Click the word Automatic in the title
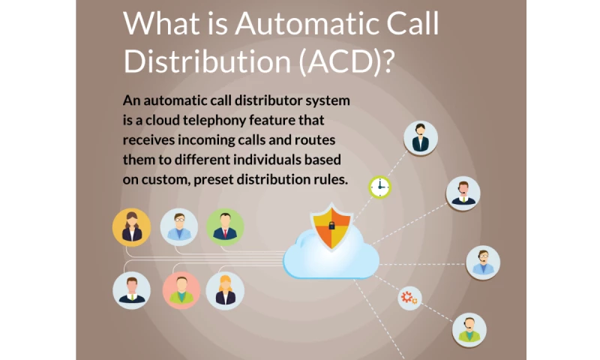click(307, 24)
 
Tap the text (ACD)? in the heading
click(346, 61)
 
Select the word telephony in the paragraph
click(214, 121)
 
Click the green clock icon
click(380, 187)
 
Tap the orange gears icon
click(409, 298)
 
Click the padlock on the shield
click(331, 226)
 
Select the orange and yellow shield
click(331, 226)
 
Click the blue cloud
click(331, 253)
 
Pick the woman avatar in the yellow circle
click(132, 227)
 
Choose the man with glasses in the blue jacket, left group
click(179, 227)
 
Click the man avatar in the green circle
click(225, 227)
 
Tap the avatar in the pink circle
click(181, 291)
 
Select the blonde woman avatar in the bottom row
click(225, 291)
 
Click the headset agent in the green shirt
click(469, 330)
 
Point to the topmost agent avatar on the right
click(421, 139)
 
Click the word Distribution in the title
click(208, 61)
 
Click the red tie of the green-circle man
click(225, 233)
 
